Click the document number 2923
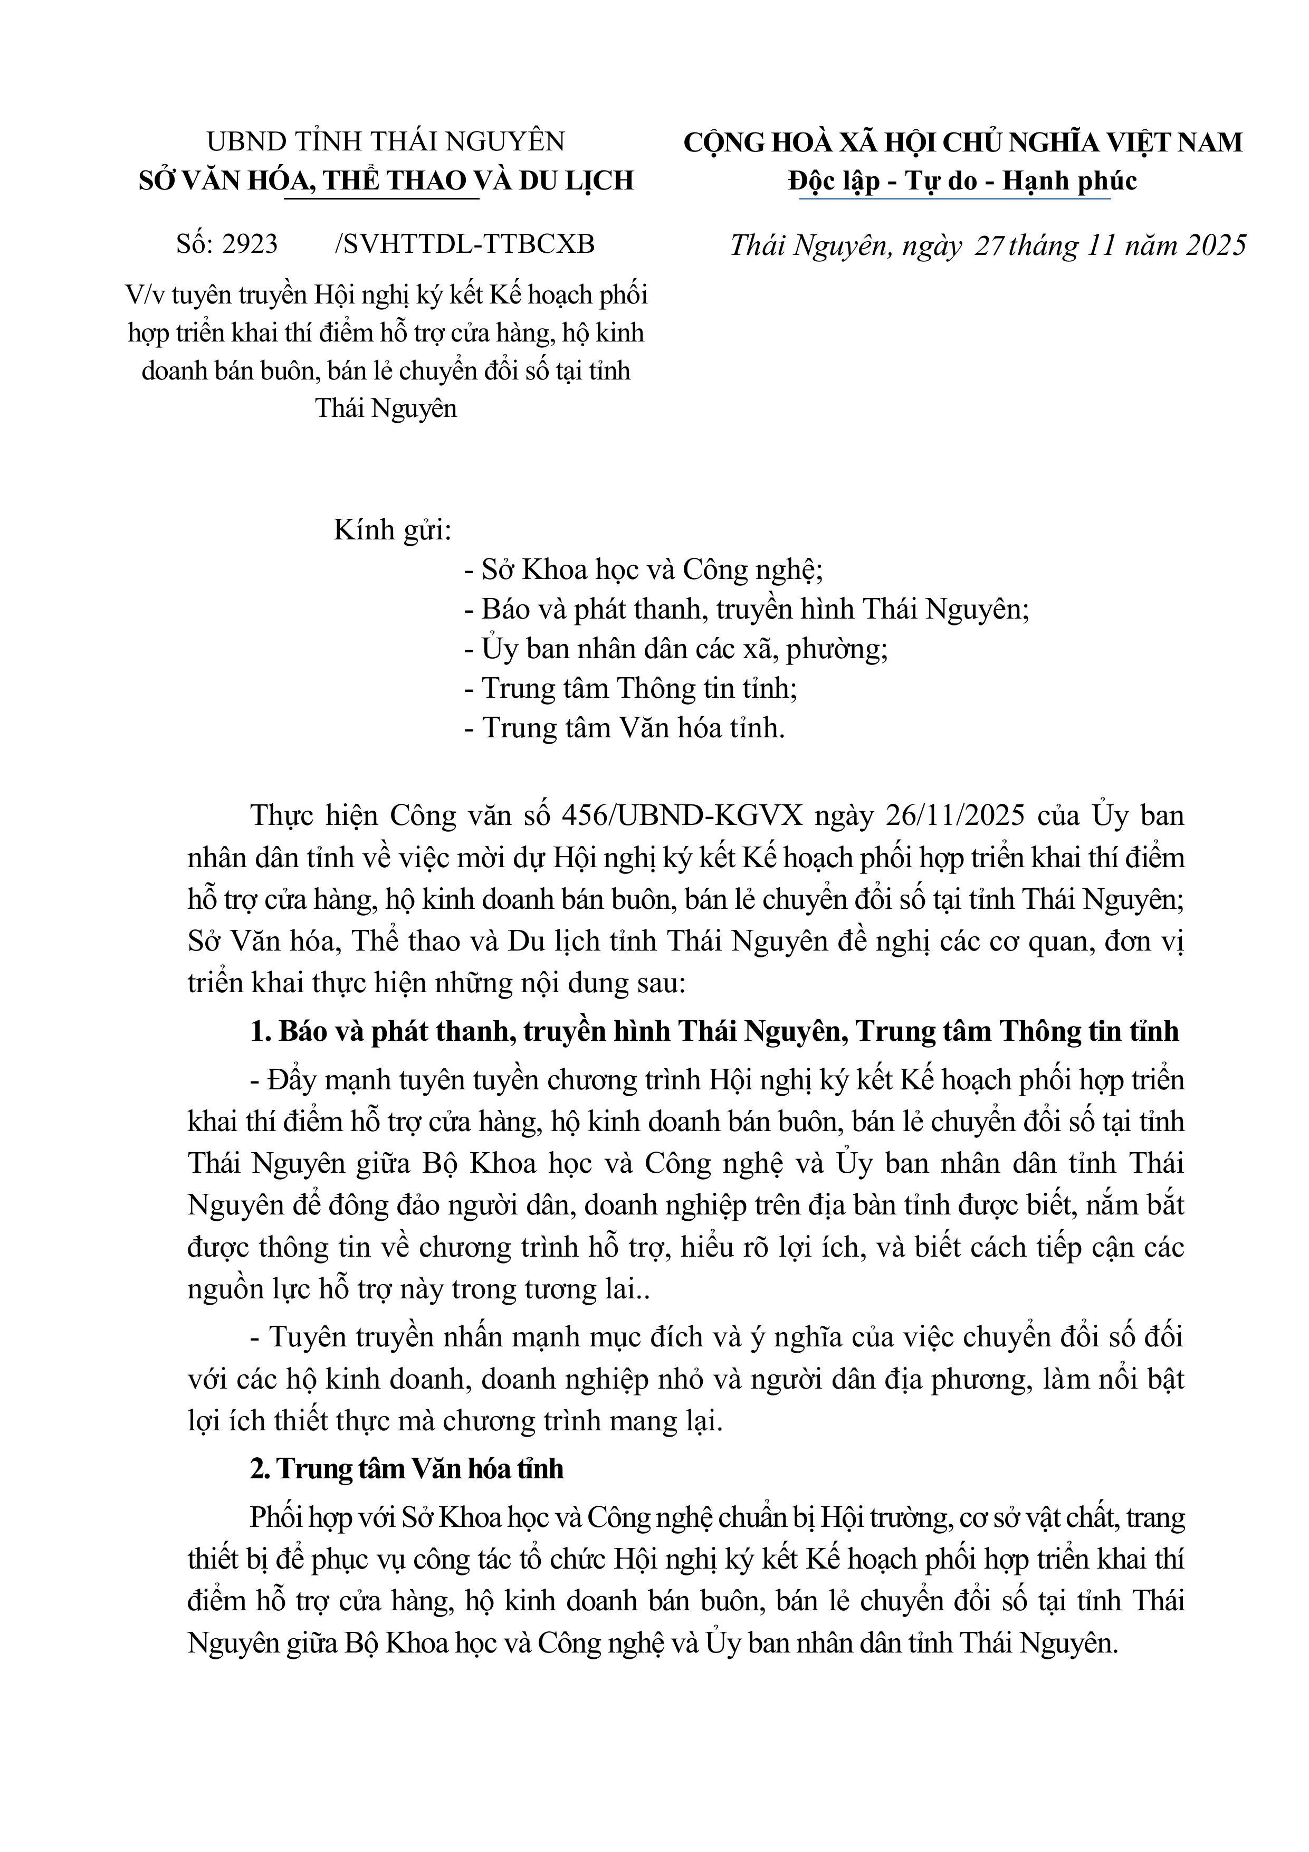coord(250,244)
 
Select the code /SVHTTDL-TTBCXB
coord(465,244)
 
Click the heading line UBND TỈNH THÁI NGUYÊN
coord(386,142)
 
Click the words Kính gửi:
coord(392,531)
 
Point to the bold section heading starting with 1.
coord(714,1032)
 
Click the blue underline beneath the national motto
coord(955,197)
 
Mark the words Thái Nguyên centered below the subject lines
coord(386,408)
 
